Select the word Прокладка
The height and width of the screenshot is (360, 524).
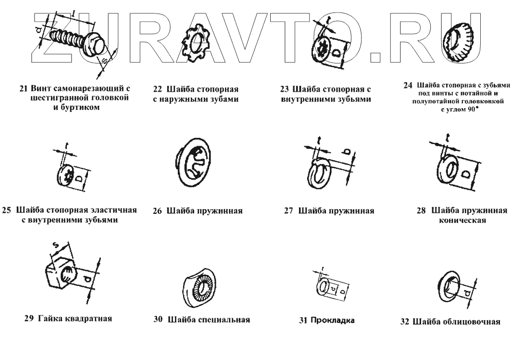332,321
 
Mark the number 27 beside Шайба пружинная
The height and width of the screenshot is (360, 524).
289,211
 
